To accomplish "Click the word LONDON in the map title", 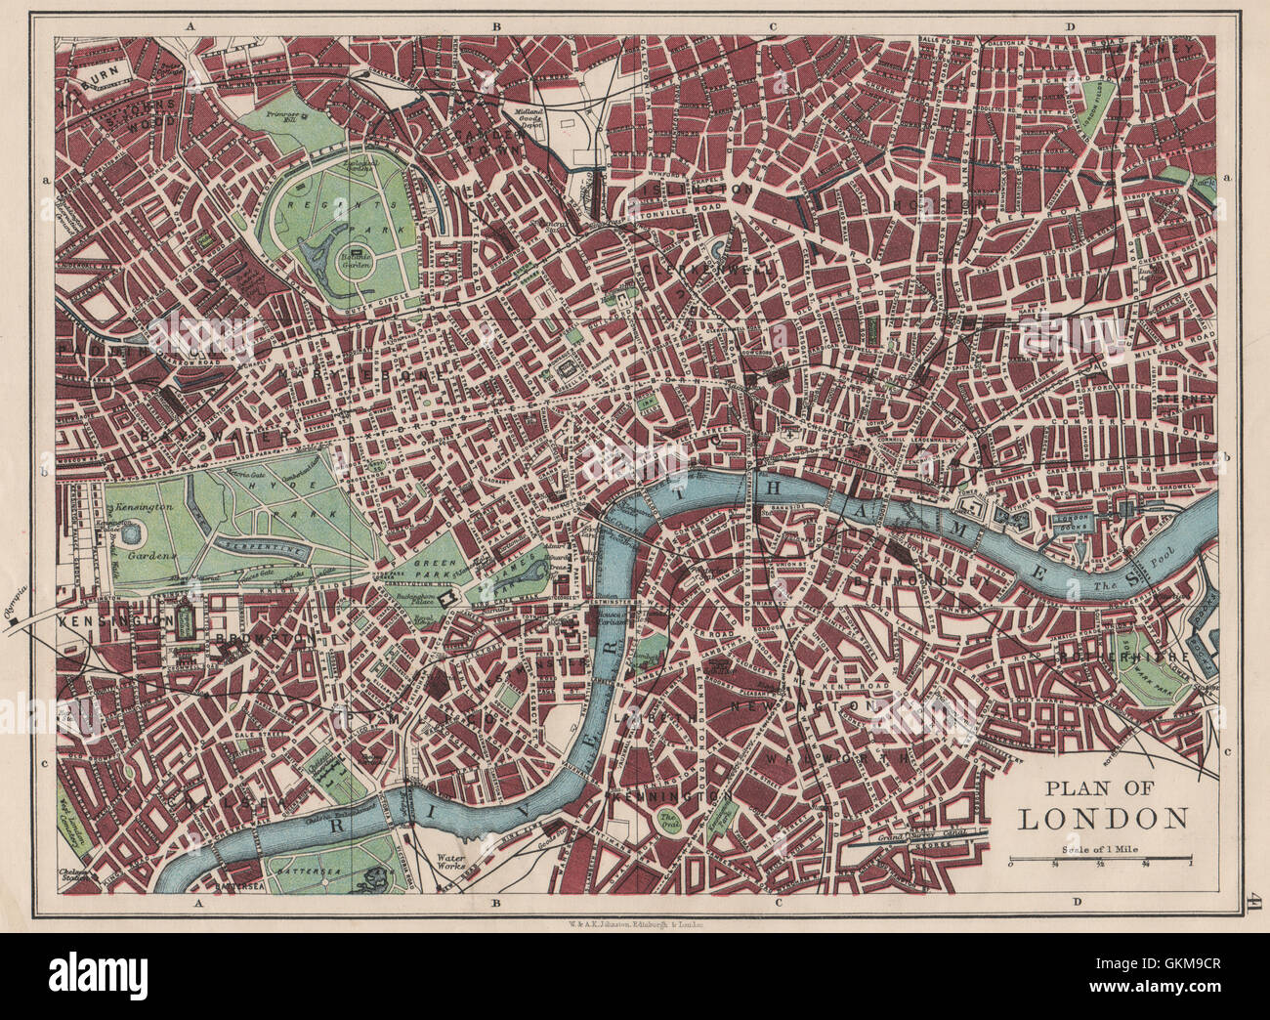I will pyautogui.click(x=1103, y=818).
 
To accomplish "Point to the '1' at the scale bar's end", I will pyautogui.click(x=1191, y=861).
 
